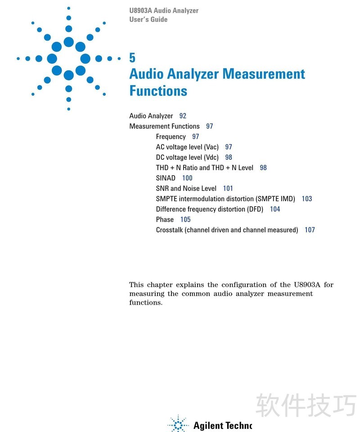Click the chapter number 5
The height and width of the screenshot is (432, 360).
[132, 58]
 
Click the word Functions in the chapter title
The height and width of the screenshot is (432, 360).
[158, 90]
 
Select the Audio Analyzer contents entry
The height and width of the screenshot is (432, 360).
[151, 116]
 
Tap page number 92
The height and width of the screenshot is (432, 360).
[183, 116]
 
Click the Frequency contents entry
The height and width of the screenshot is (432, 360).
[171, 137]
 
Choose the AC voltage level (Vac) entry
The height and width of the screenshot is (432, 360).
[187, 147]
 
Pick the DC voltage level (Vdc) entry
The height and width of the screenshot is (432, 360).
[187, 157]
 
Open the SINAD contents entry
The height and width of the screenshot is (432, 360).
[166, 178]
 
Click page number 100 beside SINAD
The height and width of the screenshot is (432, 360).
[187, 178]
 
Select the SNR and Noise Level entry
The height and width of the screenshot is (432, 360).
[186, 189]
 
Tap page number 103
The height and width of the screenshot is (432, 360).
[307, 199]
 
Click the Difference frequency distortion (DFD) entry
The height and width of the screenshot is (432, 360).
[209, 209]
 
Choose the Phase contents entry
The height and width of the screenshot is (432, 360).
[165, 220]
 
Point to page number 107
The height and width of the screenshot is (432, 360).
[310, 230]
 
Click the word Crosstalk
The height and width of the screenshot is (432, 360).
[169, 230]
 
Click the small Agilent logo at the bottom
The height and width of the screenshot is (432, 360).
[178, 424]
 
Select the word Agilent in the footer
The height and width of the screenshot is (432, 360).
[205, 425]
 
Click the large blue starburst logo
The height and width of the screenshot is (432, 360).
[68, 58]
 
